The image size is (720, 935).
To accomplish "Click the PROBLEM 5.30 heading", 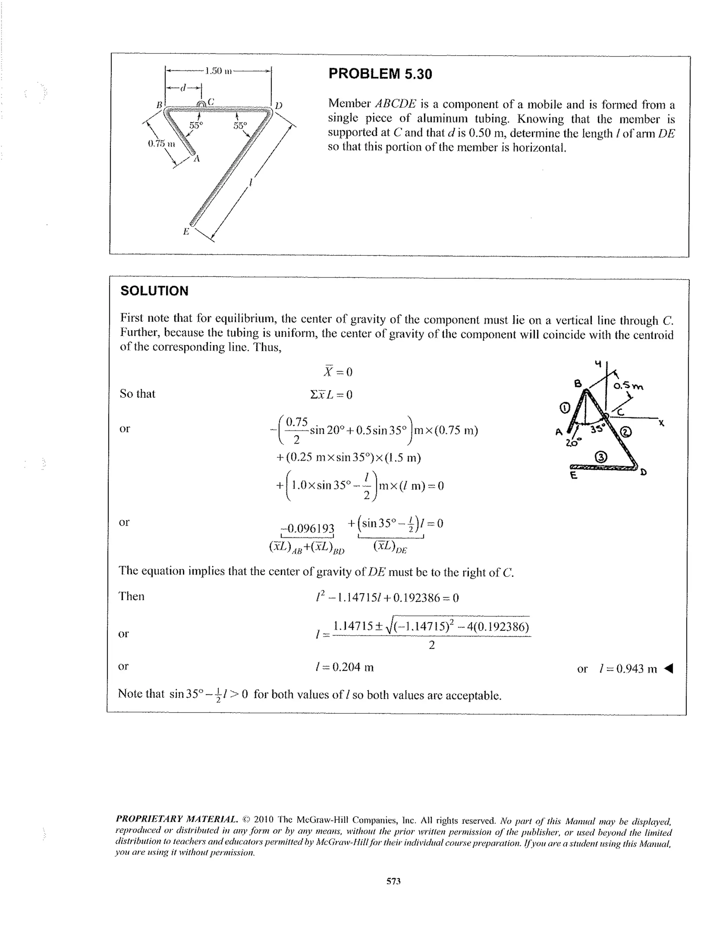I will coord(380,74).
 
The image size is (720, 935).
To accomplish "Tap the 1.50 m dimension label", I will coord(218,71).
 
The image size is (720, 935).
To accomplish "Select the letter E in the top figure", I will coord(186,231).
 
